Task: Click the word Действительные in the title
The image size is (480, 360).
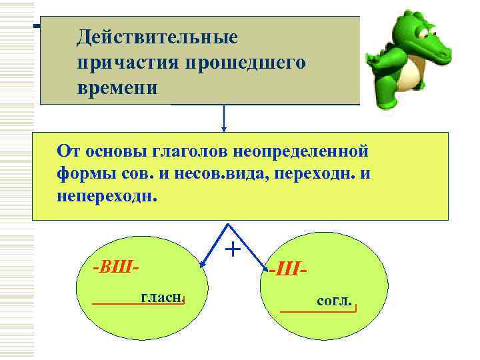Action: tap(157, 37)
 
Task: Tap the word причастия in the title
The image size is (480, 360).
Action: tap(124, 63)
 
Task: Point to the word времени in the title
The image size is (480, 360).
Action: tap(117, 88)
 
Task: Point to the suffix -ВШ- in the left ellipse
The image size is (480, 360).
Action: tap(115, 268)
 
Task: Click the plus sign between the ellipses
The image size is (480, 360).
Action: tap(233, 249)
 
